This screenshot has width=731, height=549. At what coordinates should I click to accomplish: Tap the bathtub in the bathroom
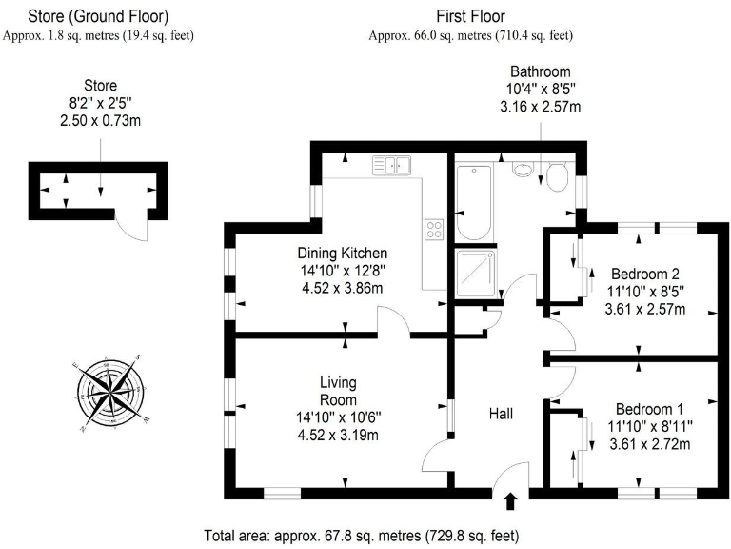(x=473, y=203)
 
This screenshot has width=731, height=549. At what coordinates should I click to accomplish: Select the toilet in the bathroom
(x=558, y=175)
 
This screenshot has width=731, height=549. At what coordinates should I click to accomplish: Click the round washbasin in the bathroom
(x=523, y=171)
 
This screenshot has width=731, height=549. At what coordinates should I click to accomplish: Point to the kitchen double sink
(x=391, y=166)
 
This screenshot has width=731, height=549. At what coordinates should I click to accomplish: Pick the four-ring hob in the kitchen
(x=433, y=229)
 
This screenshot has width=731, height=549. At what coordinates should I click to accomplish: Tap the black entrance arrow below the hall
(x=510, y=500)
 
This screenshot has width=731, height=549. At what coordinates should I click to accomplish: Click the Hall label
(x=501, y=415)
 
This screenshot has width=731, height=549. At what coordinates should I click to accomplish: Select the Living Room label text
(x=338, y=391)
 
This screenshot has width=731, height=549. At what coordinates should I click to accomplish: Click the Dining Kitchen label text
(x=342, y=254)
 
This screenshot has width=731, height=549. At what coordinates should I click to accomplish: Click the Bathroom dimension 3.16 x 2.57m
(x=540, y=107)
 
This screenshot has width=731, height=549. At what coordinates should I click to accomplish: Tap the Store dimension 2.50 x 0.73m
(x=101, y=121)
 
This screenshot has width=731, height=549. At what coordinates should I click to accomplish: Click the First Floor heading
(x=470, y=16)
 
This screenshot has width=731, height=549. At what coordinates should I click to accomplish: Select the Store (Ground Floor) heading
(x=98, y=16)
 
